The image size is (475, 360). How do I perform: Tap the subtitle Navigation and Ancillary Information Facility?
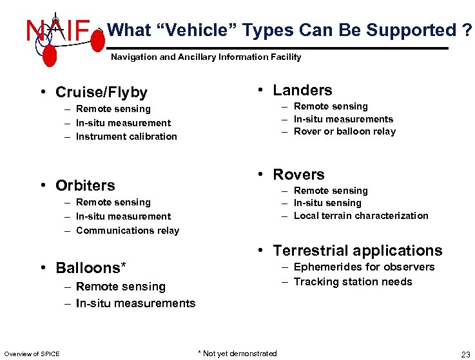206,57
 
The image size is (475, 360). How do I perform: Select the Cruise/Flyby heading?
101,93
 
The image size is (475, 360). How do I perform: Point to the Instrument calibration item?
126,137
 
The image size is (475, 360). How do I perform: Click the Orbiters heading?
85,185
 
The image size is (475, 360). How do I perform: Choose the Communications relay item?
128,231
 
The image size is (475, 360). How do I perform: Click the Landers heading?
302,90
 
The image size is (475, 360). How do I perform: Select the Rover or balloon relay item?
345,131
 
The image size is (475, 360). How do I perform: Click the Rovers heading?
298,175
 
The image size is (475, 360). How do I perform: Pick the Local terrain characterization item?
361,216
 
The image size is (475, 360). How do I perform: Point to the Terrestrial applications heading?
358,251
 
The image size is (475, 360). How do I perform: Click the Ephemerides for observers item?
364,267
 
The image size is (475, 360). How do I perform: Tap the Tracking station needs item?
353,281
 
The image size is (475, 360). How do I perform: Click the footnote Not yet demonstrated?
237,353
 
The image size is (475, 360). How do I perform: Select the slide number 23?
465,354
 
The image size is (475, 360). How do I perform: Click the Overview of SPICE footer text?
32,354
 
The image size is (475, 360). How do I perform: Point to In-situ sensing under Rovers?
327,204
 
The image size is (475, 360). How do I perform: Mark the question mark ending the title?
466,30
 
